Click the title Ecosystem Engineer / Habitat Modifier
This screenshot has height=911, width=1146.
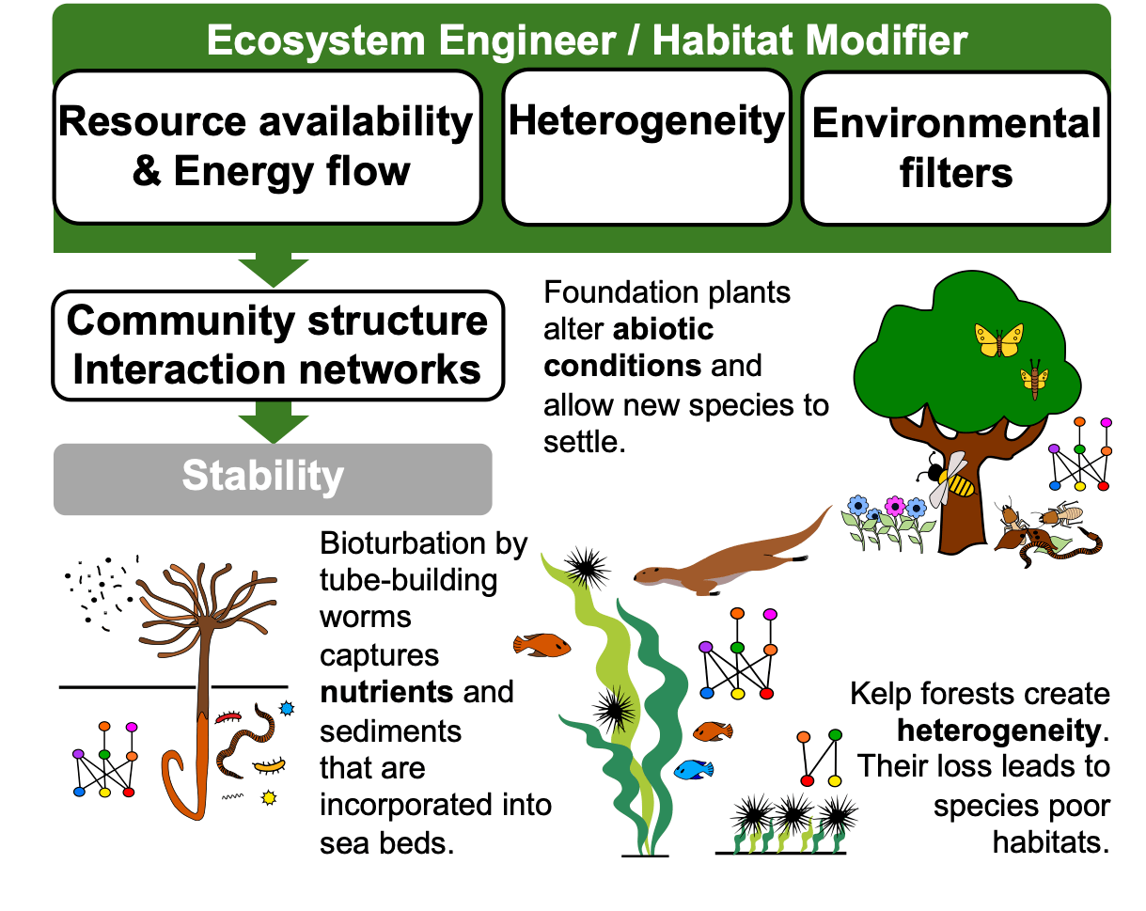pyautogui.click(x=587, y=41)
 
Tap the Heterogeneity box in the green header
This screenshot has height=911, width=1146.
pyautogui.click(x=646, y=147)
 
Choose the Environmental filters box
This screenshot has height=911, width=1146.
pyautogui.click(x=955, y=148)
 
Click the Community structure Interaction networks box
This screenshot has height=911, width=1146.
pyautogui.click(x=277, y=345)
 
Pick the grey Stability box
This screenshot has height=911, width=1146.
pyautogui.click(x=273, y=479)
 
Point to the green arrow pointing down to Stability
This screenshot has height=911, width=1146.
pyautogui.click(x=273, y=422)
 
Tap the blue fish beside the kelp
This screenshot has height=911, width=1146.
pyautogui.click(x=693, y=769)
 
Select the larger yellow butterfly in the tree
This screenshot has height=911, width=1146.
pyautogui.click(x=998, y=339)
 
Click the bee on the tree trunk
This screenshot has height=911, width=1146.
pyautogui.click(x=951, y=479)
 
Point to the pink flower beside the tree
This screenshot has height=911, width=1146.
pyautogui.click(x=894, y=508)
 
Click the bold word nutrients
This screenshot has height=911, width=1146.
pyautogui.click(x=386, y=693)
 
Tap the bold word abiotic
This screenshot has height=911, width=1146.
pyautogui.click(x=629, y=329)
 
